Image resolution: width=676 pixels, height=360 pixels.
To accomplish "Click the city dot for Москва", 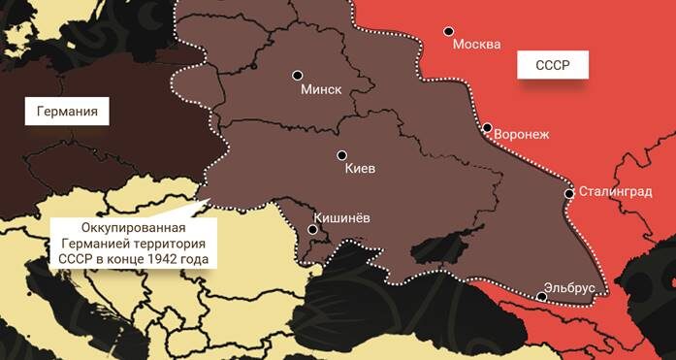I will (x=448, y=31).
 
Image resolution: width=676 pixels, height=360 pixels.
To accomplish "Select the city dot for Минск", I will (x=298, y=75).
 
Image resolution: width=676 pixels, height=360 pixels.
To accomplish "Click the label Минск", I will (x=322, y=89).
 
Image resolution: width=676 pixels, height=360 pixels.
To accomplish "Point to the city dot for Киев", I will (x=341, y=155).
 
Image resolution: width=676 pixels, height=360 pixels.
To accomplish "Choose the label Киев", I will (x=360, y=169).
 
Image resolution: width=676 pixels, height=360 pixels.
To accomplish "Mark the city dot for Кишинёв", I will (x=312, y=230).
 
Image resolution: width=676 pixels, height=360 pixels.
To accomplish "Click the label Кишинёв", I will (x=342, y=218).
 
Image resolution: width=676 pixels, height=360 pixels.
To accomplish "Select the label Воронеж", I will (x=522, y=134).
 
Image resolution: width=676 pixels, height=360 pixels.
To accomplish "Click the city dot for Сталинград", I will (x=568, y=193).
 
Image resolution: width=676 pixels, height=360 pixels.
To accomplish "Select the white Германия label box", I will (x=67, y=112).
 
